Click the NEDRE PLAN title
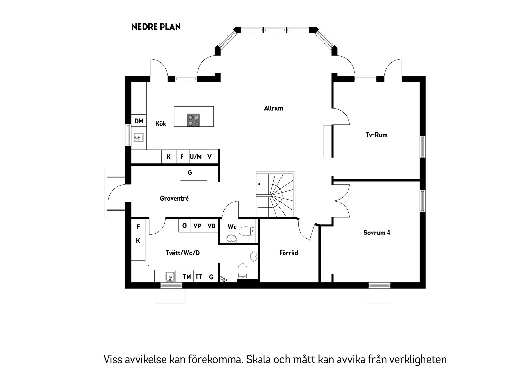(156, 27)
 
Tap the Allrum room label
(273, 108)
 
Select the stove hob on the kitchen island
(194, 120)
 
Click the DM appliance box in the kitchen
(139, 121)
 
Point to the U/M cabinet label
(196, 157)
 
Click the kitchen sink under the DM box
(138, 138)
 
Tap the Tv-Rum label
(376, 135)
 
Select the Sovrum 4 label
(377, 233)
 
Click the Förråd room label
(288, 253)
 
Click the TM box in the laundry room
(187, 277)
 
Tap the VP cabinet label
(197, 226)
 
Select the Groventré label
(174, 199)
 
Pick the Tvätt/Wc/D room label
(182, 253)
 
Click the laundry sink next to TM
(170, 276)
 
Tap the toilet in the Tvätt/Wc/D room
(243, 271)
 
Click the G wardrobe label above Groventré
(190, 173)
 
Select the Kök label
(161, 124)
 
